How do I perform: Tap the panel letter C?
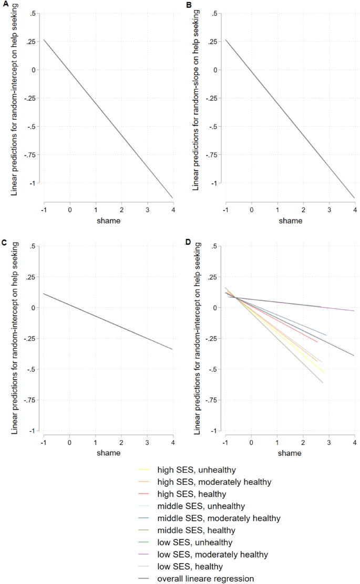[x=4, y=242]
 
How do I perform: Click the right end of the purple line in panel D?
[x=354, y=311]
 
